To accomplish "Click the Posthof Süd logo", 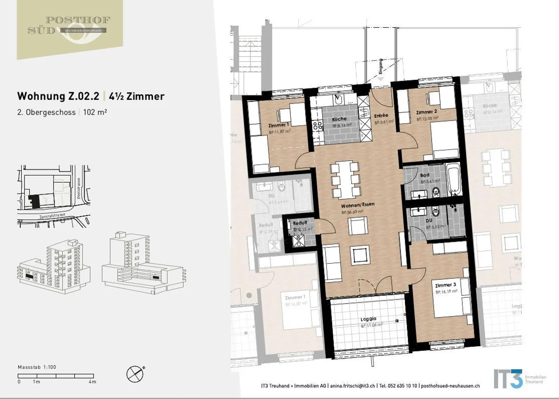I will pos(70,26).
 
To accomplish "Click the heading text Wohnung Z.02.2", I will pos(58,96).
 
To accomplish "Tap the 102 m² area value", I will pos(95,112).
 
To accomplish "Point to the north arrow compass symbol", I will pos(135,374).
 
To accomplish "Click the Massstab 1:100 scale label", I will pos(37,367).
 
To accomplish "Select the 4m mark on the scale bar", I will pos(92,382).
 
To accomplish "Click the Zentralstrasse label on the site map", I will pos(52,216).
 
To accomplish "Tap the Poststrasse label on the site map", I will pos(79,189).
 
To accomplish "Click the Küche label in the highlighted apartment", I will pos(339,119).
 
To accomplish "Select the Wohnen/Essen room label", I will pos(358,205).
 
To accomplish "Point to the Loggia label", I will pos(368,319).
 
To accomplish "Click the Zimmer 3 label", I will pos(445,285).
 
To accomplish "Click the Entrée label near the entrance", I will pos(381,115).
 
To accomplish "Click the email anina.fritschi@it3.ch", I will pos(352,386).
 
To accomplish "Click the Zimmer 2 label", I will pos(426,112).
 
